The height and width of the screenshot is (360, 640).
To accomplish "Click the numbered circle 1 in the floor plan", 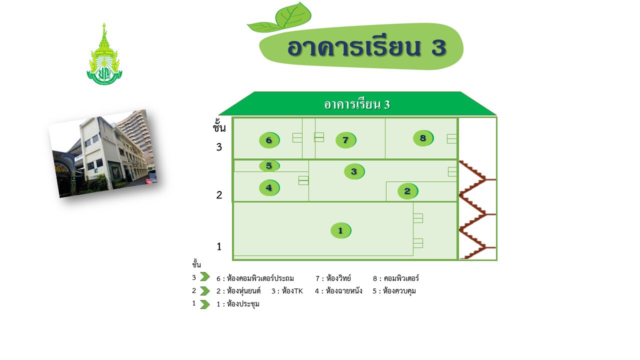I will [340, 230].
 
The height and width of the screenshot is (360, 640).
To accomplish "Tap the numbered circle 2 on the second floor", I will [407, 191].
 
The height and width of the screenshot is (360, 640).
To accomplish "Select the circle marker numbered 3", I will [354, 171].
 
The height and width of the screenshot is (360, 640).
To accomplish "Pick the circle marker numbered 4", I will [269, 188].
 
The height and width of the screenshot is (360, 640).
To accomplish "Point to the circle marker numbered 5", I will [269, 166].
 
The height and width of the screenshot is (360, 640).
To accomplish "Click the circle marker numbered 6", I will [269, 140].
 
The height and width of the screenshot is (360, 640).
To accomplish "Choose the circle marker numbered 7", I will [345, 140].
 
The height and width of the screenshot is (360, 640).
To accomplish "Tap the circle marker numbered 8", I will [423, 138].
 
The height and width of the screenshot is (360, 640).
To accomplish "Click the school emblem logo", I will [104, 55].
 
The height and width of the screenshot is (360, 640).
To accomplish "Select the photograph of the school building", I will [104, 153].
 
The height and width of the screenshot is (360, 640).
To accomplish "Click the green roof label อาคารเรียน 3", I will [357, 104].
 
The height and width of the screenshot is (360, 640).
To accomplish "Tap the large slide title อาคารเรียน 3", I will [366, 47].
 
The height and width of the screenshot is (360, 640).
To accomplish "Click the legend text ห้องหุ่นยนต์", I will [243, 291].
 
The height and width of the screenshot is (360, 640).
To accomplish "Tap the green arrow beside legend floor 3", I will [204, 277].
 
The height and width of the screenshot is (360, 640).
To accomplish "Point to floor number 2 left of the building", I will [219, 195].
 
